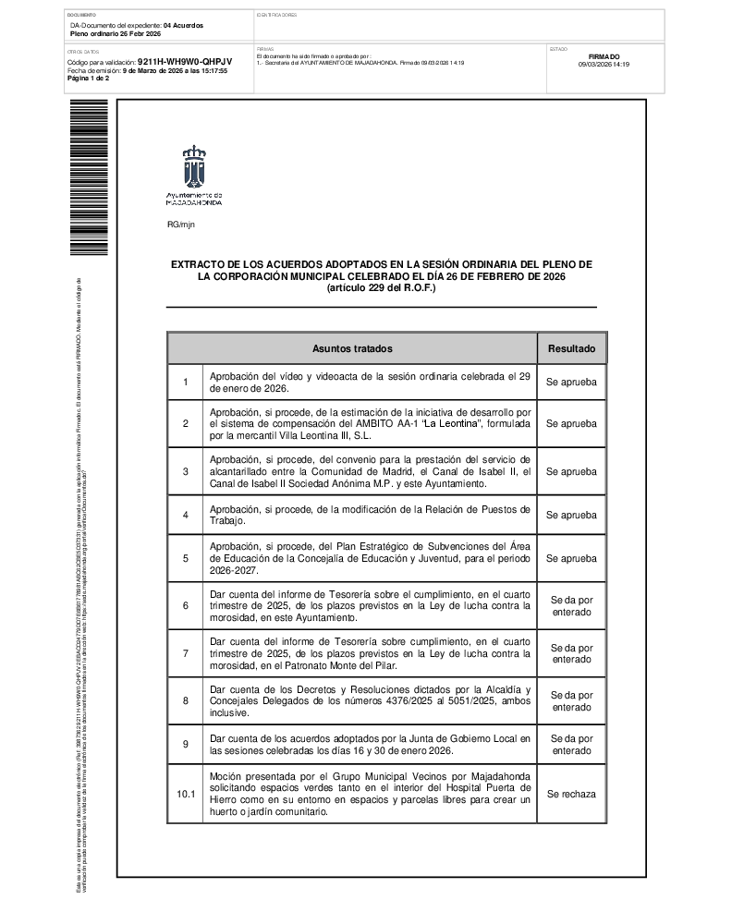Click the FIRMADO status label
[x=604, y=56]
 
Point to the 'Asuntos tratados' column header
[x=352, y=349]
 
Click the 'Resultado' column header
[x=572, y=349]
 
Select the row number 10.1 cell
[x=186, y=794]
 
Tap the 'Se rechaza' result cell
[x=572, y=794]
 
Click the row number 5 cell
[x=186, y=558]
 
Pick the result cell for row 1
[x=572, y=383]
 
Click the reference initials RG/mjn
[x=181, y=225]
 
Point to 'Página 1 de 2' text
[x=89, y=79]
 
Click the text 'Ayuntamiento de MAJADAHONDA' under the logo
[x=193, y=198]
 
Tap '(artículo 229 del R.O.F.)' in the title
[x=381, y=288]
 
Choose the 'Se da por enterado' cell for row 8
[x=572, y=700]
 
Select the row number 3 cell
[x=186, y=471]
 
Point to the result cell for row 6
[x=572, y=606]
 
